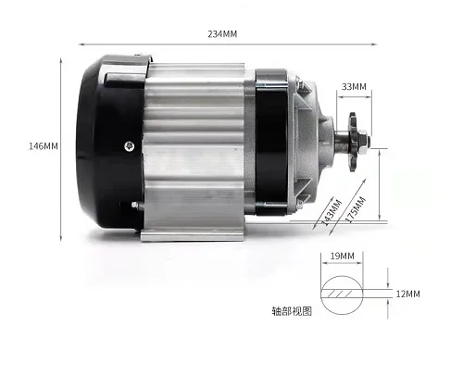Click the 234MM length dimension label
click(222, 33)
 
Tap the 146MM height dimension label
click(44, 146)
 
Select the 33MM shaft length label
click(354, 87)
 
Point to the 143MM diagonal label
click(332, 212)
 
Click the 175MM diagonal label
click(356, 209)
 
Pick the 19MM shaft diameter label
click(342, 256)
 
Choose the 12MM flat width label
click(407, 294)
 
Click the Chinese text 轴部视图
click(292, 311)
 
